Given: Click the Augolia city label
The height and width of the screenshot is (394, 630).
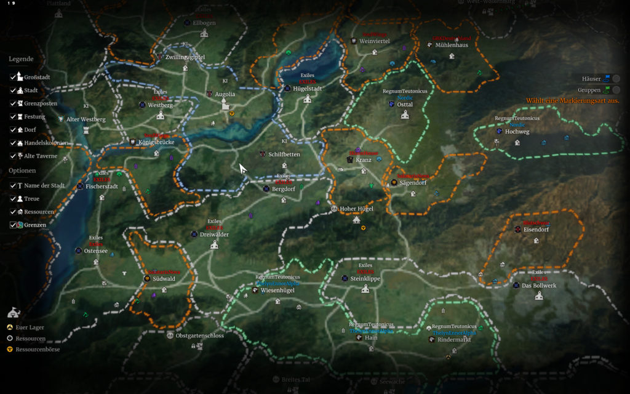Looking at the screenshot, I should [225, 94].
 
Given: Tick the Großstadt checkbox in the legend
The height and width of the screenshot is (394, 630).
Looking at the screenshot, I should [13, 78].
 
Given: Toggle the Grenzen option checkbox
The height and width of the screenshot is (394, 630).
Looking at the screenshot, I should [13, 225].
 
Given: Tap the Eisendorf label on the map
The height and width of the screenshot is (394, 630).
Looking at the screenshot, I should [536, 230].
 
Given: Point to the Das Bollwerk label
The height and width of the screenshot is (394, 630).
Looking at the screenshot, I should [538, 286].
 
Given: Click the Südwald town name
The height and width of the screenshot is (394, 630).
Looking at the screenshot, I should [164, 279].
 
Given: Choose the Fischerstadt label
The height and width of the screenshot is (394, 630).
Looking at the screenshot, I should [102, 186].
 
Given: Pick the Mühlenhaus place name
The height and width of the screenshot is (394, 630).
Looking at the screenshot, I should [451, 46].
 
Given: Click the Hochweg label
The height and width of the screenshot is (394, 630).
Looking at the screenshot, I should [516, 132].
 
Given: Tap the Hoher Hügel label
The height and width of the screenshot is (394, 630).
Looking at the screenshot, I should [356, 209].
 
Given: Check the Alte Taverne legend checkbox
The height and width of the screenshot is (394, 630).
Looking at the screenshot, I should [13, 156].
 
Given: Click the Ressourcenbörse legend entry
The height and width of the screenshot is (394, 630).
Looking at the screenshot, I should [38, 349].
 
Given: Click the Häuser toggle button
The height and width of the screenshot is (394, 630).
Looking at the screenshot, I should [616, 78].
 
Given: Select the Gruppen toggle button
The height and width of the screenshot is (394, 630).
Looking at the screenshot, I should [616, 90].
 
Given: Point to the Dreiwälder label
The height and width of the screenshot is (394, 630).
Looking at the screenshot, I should [214, 234].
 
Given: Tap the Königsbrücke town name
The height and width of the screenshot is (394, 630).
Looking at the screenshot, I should [156, 142].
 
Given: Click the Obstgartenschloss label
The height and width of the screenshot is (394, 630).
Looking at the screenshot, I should [199, 336].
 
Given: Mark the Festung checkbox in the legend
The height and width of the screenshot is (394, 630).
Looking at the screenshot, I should [13, 116].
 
